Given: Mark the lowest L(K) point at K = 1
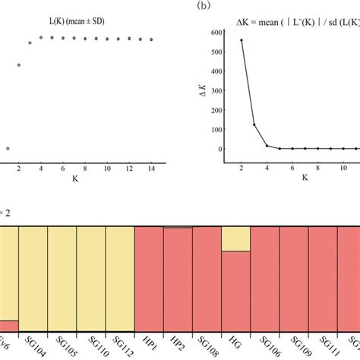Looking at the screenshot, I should [x=8, y=149].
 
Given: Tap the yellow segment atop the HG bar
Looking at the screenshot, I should [x=235, y=240].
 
